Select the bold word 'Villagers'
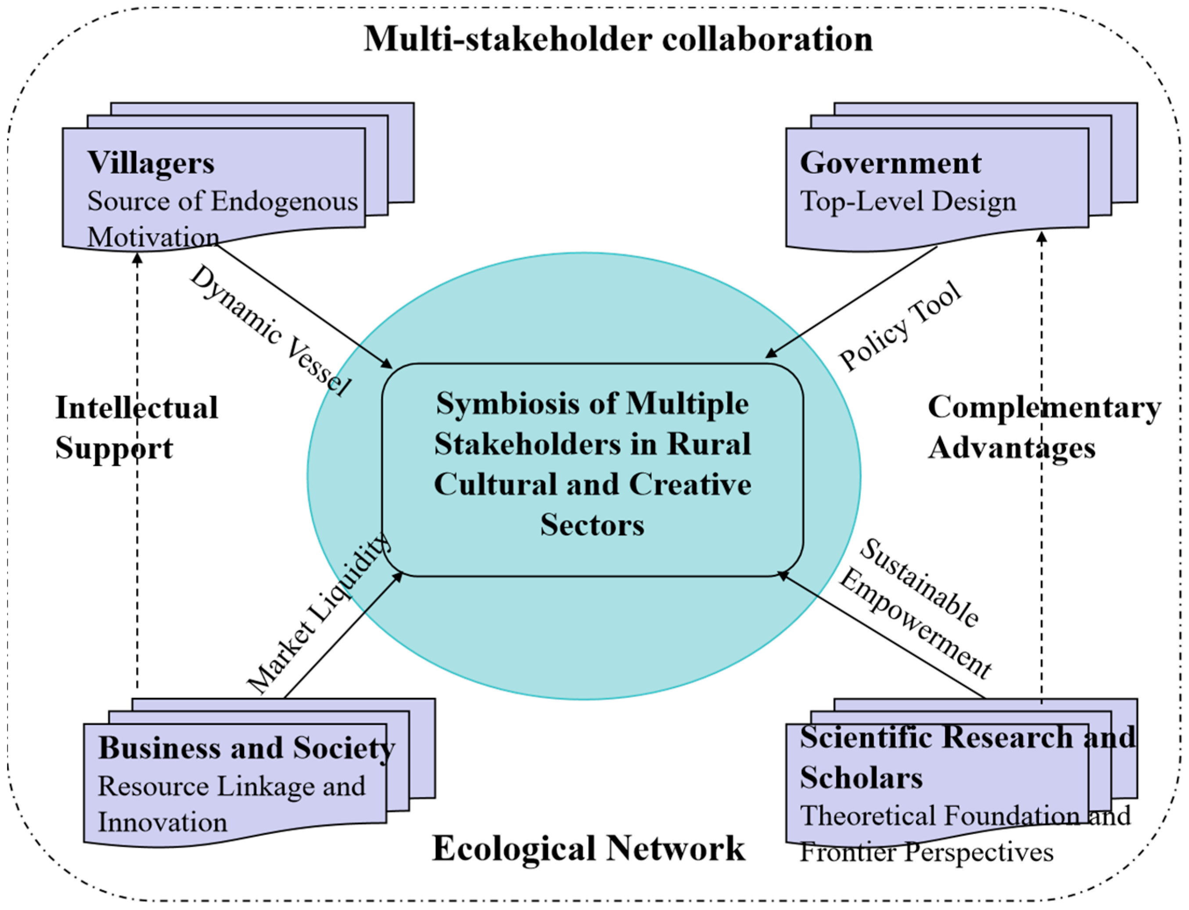click(151, 162)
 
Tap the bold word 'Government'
click(890, 162)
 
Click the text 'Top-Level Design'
click(908, 201)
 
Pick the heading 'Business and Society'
click(246, 748)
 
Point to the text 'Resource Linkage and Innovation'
click(231, 804)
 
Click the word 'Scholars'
click(861, 778)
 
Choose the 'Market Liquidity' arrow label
click(318, 614)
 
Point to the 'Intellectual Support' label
click(136, 428)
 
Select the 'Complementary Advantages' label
click(1044, 428)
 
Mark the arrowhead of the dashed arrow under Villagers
click(137, 259)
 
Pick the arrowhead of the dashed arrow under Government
click(1041, 237)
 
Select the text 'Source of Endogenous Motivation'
click(222, 219)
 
